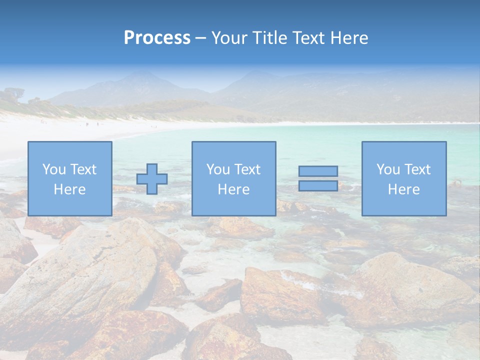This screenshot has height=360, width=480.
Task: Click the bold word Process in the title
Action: tap(157, 38)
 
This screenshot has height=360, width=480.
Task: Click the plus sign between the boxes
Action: tap(152, 179)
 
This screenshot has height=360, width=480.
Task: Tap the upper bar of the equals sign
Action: tap(318, 171)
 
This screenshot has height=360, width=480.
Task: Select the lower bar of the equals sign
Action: tap(318, 185)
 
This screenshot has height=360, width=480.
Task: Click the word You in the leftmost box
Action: tap(54, 169)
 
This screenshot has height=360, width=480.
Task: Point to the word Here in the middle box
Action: tap(233, 189)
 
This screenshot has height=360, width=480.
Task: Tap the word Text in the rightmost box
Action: tap(417, 169)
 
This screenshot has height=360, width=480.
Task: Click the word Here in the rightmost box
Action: tap(403, 189)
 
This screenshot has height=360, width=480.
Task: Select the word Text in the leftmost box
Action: tap(83, 169)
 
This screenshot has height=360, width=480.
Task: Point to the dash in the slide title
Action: tap(200, 38)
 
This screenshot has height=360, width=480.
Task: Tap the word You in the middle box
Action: tap(218, 169)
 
